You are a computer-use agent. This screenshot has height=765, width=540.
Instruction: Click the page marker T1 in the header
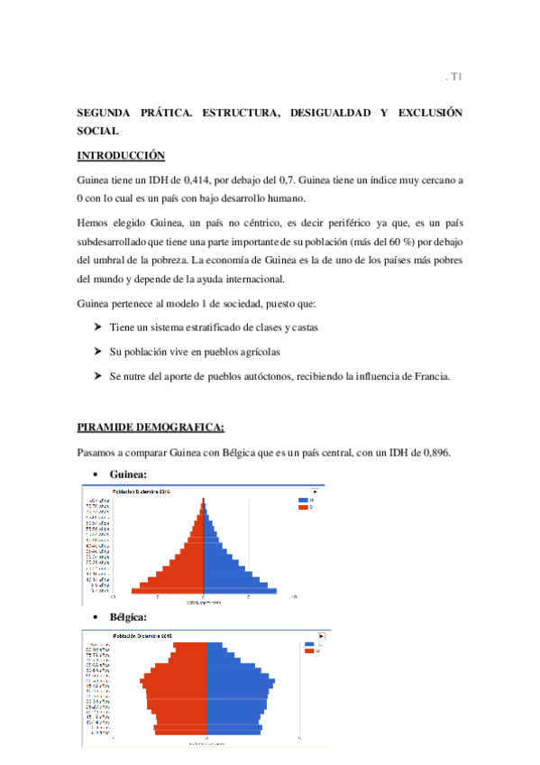pyautogui.click(x=456, y=78)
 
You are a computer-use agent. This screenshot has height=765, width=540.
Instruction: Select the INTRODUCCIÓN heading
pyautogui.click(x=121, y=155)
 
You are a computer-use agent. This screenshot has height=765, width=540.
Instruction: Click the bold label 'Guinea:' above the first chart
pyautogui.click(x=127, y=475)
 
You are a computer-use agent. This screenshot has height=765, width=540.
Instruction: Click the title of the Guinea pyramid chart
pyautogui.click(x=140, y=491)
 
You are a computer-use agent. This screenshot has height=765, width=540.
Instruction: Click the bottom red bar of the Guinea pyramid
pyautogui.click(x=168, y=591)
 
